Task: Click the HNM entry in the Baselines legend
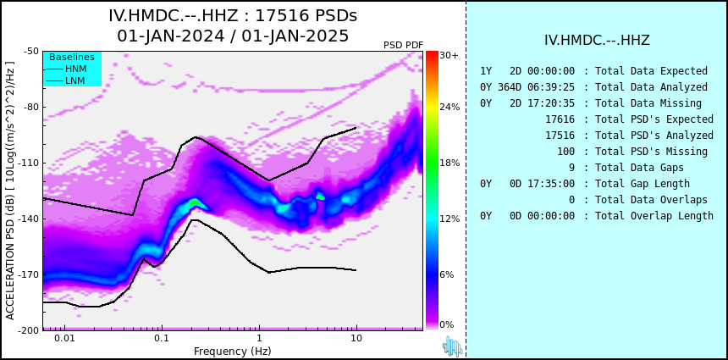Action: [x=75, y=69]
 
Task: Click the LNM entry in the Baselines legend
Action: [x=75, y=80]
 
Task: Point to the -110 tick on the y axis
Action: [x=30, y=163]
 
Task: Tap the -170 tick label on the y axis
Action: [x=30, y=274]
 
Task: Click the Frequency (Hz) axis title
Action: [x=232, y=351]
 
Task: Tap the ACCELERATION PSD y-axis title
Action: [x=10, y=191]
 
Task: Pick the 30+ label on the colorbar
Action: [x=449, y=55]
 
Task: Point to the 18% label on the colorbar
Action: [x=449, y=163]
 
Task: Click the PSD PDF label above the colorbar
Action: [x=404, y=45]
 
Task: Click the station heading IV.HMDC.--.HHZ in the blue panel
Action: [x=597, y=41]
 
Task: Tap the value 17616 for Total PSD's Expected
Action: [x=560, y=119]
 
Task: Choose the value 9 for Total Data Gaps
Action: [x=571, y=167]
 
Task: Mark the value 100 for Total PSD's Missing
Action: [x=566, y=152]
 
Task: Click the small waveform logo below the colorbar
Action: [x=453, y=346]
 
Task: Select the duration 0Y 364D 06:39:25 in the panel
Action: [x=527, y=87]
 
